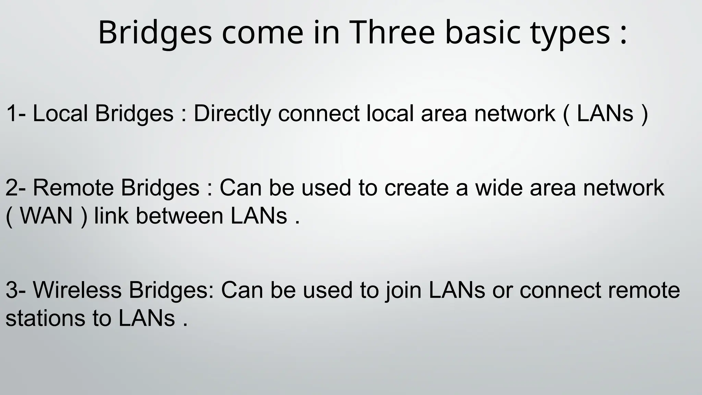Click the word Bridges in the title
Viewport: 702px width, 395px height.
click(x=155, y=33)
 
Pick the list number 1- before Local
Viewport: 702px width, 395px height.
click(x=16, y=113)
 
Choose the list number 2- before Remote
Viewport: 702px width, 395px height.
click(x=16, y=188)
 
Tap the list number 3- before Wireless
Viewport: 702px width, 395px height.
click(x=16, y=290)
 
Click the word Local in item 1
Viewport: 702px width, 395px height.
click(x=60, y=113)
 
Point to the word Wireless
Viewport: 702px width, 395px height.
click(x=77, y=290)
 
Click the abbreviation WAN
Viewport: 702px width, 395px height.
click(x=47, y=216)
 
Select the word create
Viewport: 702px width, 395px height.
click(x=416, y=188)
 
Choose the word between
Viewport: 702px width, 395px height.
click(x=180, y=216)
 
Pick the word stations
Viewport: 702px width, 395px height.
click(x=45, y=318)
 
